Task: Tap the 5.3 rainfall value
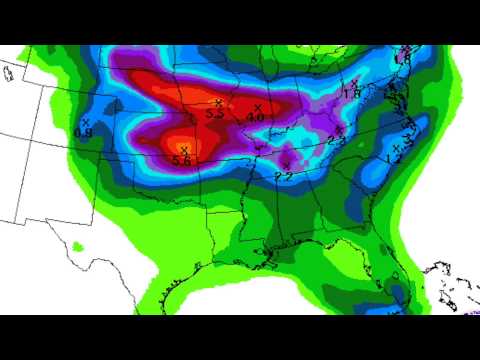214,115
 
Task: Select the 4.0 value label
255,118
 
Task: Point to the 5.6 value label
183,160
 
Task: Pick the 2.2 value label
283,175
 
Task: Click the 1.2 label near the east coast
394,159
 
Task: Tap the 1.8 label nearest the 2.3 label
352,94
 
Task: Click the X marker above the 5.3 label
218,103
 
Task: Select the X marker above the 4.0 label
258,107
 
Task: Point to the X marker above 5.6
184,149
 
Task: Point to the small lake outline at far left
9,72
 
